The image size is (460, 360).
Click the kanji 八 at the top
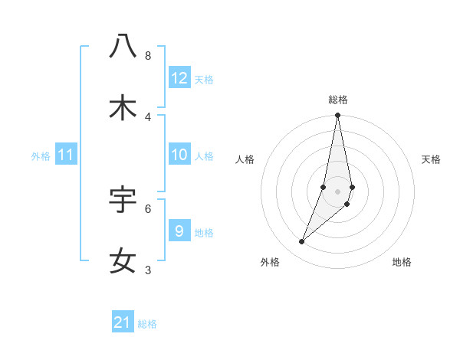123,46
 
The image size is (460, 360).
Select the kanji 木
123,108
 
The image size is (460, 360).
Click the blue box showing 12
179,78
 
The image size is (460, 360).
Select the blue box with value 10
179,155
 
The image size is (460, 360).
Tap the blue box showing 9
179,231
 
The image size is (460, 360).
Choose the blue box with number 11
66,155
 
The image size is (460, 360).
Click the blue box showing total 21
123,322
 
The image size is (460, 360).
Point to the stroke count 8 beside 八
148,55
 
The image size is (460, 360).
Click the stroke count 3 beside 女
148,270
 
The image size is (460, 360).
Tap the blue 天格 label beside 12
204,79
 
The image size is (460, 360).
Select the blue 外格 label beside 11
41,155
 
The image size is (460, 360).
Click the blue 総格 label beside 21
147,323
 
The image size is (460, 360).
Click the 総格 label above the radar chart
338,100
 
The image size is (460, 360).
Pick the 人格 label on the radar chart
245,159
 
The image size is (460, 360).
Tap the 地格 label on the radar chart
402,262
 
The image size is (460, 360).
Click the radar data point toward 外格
302,242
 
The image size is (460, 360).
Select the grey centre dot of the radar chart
338,191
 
